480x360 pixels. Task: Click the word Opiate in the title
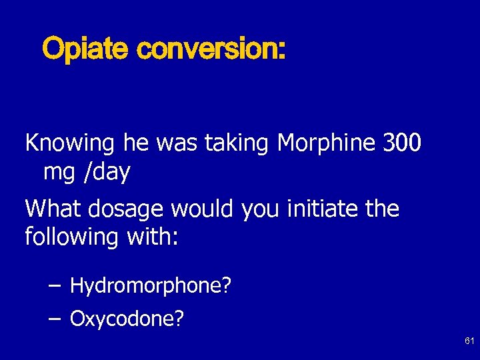pos(85,49)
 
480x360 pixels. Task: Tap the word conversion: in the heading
pos(211,49)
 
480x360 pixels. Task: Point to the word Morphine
pos(327,143)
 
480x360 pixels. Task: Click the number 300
pos(402,143)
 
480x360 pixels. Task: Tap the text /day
pos(106,173)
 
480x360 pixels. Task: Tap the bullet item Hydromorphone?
pos(151,287)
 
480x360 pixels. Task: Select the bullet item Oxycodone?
pos(127,319)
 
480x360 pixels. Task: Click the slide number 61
pos(469,341)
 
